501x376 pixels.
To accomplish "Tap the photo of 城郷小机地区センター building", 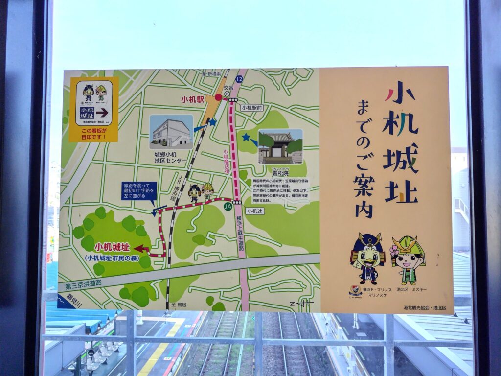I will tap(171, 132).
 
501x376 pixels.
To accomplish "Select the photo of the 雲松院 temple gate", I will tap(280, 146).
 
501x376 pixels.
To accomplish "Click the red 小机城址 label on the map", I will tap(113, 247).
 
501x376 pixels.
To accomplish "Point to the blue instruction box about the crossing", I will tap(139, 190).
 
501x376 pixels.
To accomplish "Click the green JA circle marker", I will tap(228, 207).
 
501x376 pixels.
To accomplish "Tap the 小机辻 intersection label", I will tap(255, 211).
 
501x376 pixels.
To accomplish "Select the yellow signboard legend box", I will tap(94, 109).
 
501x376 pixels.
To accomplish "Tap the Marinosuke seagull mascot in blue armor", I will tap(367, 258).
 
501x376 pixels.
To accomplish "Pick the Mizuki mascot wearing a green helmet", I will tap(408, 259).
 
